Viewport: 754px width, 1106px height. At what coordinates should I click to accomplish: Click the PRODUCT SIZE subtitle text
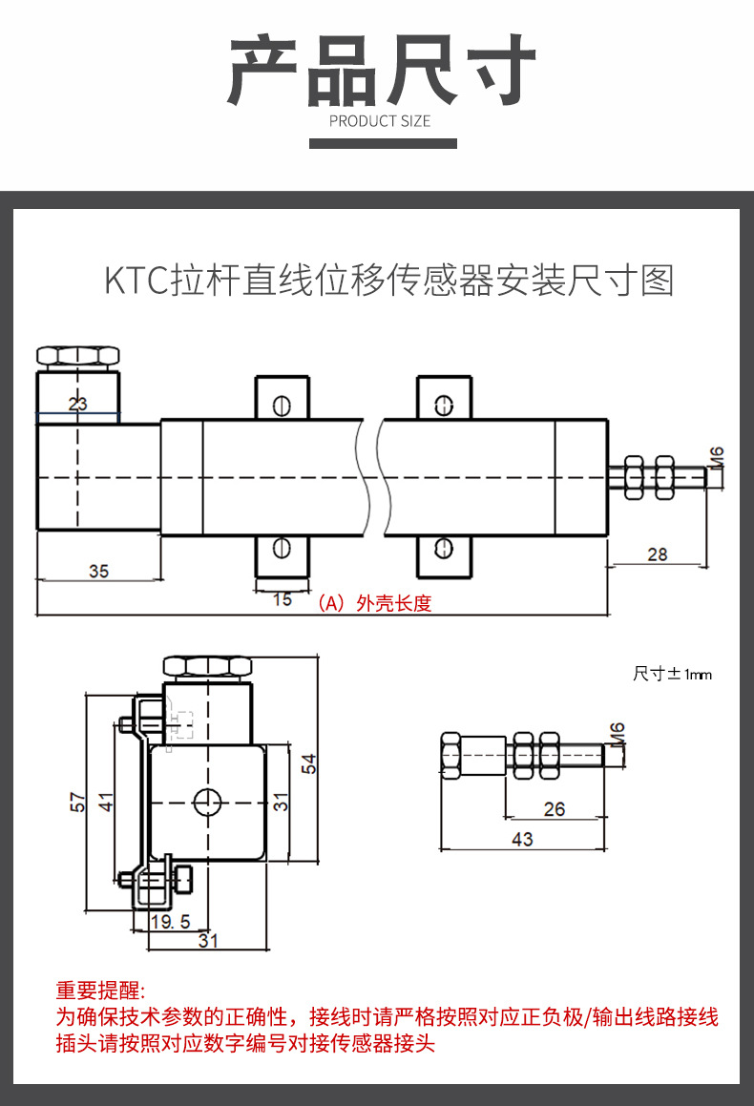[x=380, y=121]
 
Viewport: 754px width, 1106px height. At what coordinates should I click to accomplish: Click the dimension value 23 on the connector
[x=77, y=404]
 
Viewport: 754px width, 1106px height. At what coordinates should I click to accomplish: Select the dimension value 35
[x=98, y=571]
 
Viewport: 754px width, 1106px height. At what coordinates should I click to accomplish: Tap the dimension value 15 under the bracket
[x=283, y=599]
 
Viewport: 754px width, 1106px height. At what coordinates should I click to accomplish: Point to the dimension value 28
[x=657, y=553]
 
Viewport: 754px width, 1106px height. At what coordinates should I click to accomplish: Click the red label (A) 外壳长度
[x=375, y=603]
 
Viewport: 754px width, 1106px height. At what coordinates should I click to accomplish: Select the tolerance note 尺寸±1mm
[x=672, y=674]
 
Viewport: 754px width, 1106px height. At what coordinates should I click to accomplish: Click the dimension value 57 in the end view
[x=78, y=802]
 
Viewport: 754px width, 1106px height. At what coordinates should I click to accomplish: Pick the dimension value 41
[x=107, y=802]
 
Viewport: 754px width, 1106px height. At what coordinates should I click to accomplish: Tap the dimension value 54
[x=308, y=763]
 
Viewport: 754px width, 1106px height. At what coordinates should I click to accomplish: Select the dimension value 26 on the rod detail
[x=554, y=809]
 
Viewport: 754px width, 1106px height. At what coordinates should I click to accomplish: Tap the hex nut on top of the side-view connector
[x=77, y=357]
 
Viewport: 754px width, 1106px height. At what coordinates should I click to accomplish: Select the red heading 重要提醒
[x=100, y=990]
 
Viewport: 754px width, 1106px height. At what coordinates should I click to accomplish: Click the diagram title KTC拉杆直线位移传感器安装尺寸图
[x=388, y=282]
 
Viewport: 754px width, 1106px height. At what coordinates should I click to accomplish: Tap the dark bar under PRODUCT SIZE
[x=383, y=143]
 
